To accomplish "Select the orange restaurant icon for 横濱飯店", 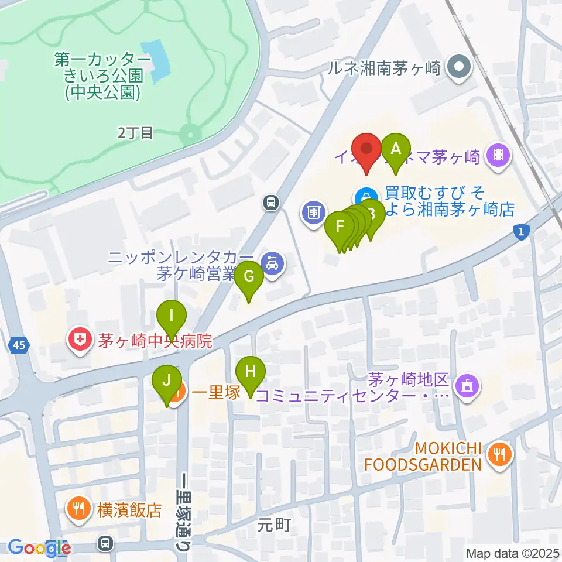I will click(78, 506).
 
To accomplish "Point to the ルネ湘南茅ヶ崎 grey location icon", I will click(459, 68).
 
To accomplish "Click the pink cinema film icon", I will click(499, 156).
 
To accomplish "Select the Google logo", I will click(39, 548).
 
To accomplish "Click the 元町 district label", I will click(274, 525).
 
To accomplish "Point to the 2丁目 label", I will click(135, 133).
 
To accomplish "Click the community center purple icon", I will click(468, 386).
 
